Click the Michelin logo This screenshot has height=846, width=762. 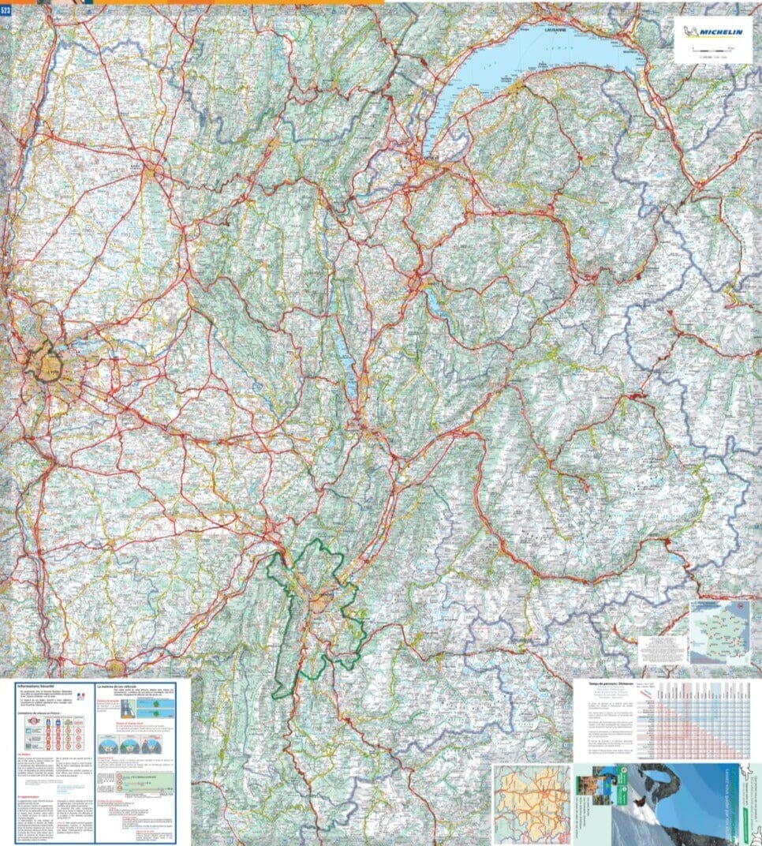coord(716,32)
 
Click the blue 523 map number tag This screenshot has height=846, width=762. coord(6,10)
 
